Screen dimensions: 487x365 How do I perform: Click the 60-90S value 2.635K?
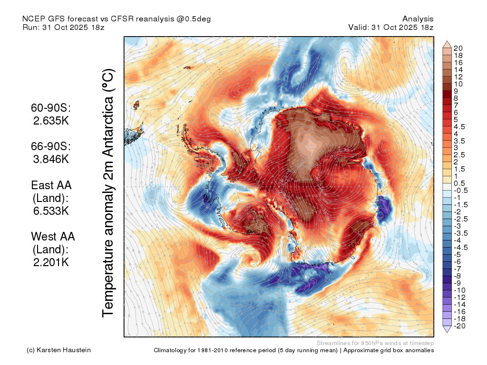click(x=51, y=121)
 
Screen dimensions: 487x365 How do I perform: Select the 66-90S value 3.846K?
click(x=51, y=159)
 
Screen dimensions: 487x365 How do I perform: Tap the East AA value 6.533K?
click(x=51, y=211)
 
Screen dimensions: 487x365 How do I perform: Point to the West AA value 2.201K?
click(x=51, y=262)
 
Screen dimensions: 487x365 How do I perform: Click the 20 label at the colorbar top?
click(x=458, y=48)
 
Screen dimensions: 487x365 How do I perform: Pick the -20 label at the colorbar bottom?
click(x=459, y=326)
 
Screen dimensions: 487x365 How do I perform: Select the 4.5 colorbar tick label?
click(x=459, y=127)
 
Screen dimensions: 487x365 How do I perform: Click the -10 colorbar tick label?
click(x=459, y=290)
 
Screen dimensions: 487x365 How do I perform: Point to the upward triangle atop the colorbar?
click(x=447, y=44)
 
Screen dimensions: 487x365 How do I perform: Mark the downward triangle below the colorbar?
click(x=447, y=329)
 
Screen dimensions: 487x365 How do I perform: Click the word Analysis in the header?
click(x=418, y=19)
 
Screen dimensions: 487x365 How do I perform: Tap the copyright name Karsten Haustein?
click(x=64, y=350)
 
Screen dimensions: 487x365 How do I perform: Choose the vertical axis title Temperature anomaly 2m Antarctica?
click(x=108, y=193)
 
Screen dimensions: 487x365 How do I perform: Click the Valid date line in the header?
click(x=391, y=27)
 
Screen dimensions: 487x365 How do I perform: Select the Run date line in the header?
click(x=63, y=27)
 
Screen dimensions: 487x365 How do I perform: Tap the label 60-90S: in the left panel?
click(x=51, y=108)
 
